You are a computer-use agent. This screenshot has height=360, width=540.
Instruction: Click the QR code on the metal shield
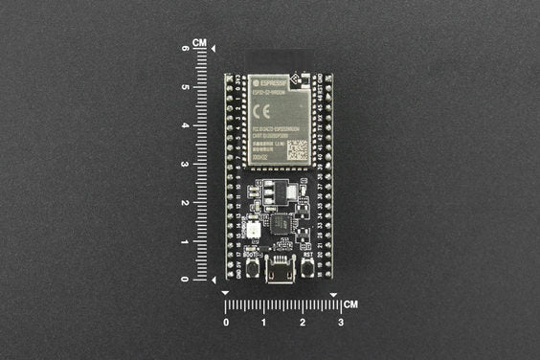coord(298,149)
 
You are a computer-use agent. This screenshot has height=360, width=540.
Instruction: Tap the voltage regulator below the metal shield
coord(278,191)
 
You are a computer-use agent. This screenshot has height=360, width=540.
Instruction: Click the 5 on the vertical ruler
coord(185,86)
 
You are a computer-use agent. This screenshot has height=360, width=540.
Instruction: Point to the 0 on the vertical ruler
coord(185,279)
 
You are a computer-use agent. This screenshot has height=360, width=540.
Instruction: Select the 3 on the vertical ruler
coord(185,164)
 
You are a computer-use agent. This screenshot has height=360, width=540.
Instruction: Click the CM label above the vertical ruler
coord(199,43)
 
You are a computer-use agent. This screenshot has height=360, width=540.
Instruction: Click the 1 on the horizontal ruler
coord(263,323)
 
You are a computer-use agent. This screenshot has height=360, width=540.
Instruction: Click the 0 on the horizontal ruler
coord(225,323)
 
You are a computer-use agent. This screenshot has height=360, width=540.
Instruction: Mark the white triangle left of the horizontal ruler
coord(225,292)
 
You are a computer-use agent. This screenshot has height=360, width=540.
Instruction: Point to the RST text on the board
coord(308,257)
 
